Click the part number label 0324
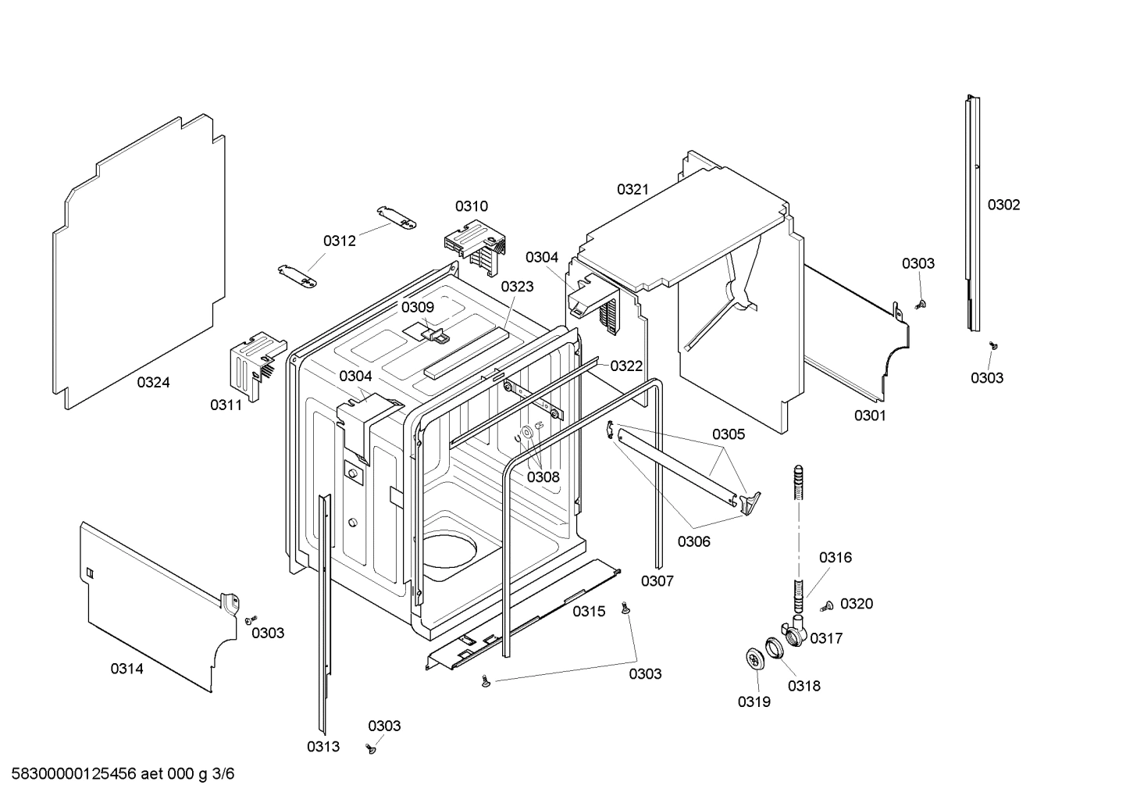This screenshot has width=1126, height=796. click(x=153, y=382)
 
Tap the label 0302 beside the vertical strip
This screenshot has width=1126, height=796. click(x=1003, y=205)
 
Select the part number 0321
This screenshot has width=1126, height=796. click(x=632, y=189)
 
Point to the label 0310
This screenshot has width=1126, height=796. click(x=472, y=206)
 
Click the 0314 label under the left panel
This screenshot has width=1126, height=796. click(x=126, y=669)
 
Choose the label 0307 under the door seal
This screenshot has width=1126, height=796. click(x=657, y=580)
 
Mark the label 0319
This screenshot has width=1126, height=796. click(x=754, y=701)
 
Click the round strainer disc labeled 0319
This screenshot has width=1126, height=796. click(x=755, y=659)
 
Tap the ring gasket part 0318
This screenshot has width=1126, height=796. click(x=774, y=648)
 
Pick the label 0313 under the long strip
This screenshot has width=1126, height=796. click(x=322, y=746)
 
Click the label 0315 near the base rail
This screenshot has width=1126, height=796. click(x=589, y=612)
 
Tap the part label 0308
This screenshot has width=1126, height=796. click(x=543, y=477)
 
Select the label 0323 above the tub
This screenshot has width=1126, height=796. click(x=517, y=287)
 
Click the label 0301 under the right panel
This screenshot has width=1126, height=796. click(x=869, y=416)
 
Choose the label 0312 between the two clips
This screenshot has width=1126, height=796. click(x=340, y=241)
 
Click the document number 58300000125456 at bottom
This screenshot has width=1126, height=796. click(x=70, y=774)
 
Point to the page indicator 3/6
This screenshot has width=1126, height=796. click(x=223, y=774)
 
